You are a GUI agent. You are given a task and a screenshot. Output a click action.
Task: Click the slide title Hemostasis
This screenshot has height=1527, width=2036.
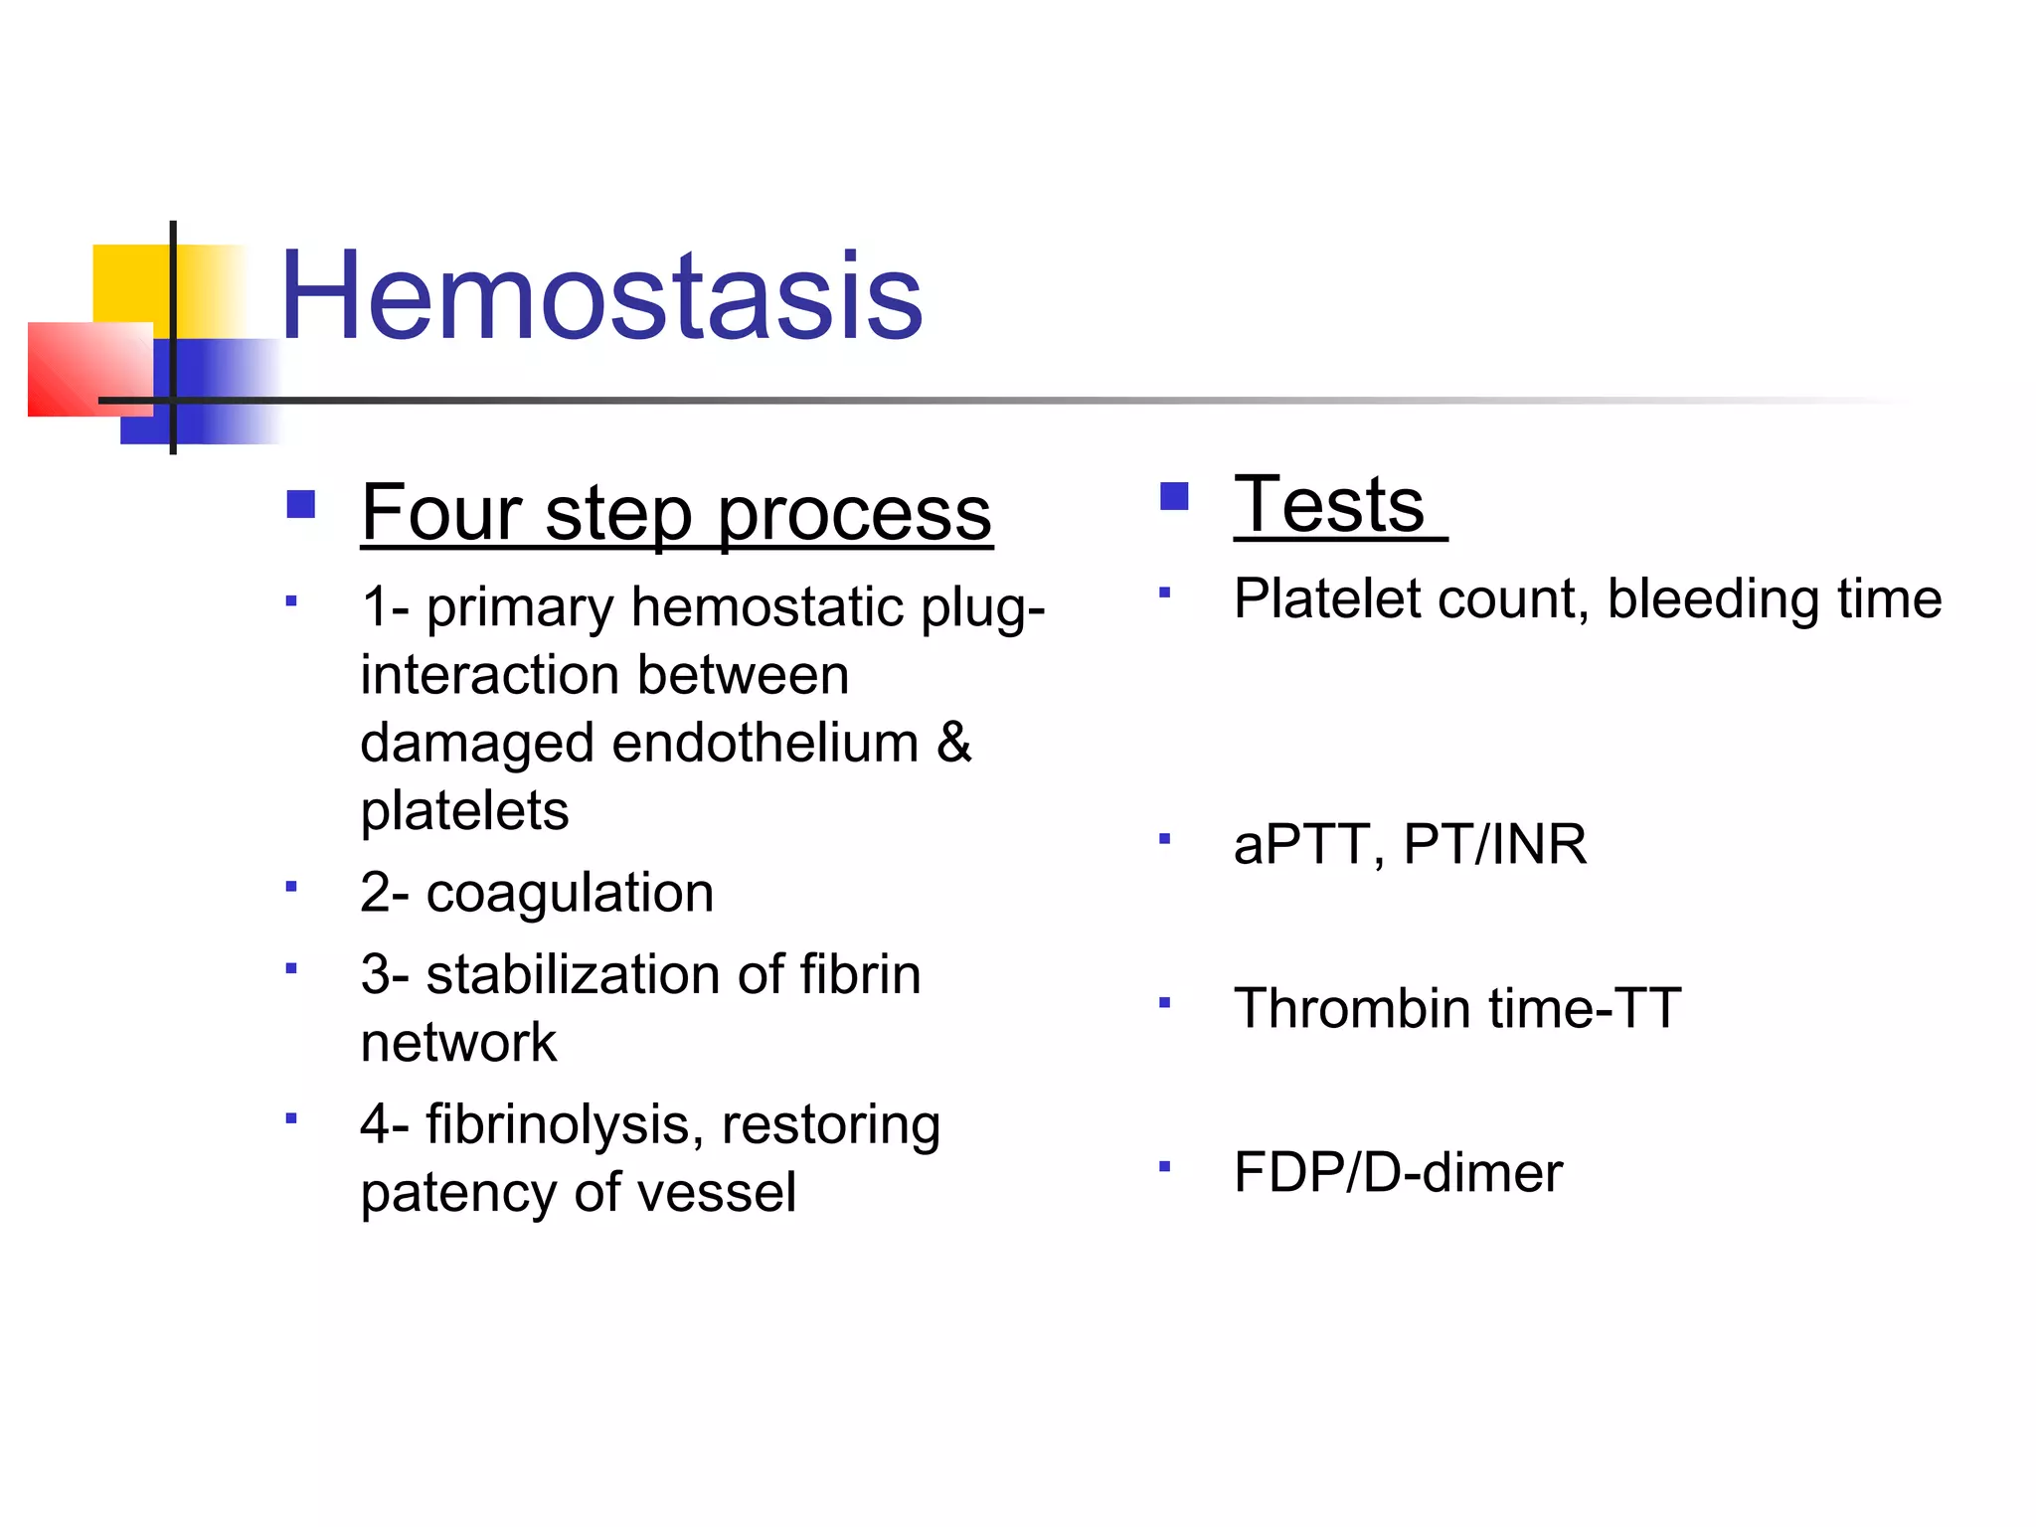(601, 296)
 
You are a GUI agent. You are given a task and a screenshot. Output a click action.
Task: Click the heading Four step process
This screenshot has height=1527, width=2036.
(676, 513)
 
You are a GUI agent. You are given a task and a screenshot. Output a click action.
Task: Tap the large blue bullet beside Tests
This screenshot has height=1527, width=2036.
(1174, 496)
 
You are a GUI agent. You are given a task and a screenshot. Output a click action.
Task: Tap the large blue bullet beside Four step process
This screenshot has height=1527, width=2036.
(300, 504)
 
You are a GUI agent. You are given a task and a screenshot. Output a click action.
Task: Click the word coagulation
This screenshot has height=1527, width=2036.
(570, 893)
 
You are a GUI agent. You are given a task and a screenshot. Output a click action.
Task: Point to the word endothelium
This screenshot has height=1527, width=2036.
(765, 744)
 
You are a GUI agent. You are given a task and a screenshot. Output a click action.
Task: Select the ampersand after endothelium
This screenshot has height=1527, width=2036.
(953, 743)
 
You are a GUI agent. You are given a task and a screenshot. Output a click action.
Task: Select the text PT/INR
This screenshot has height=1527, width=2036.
(1494, 845)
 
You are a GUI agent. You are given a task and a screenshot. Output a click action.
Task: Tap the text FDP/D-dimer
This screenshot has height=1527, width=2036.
(1398, 1173)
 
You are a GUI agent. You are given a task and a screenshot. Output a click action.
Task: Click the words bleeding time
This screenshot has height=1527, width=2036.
(1775, 599)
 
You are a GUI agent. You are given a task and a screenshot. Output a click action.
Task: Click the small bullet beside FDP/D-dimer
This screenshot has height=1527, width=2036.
(1165, 1165)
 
